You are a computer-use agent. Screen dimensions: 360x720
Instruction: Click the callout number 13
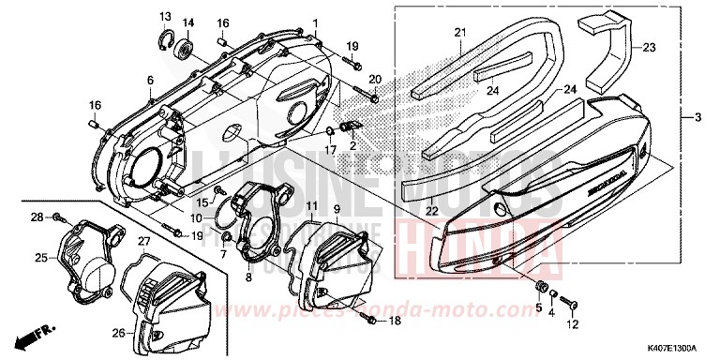(x=164, y=16)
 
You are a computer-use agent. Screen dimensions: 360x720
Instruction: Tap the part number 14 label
(x=187, y=22)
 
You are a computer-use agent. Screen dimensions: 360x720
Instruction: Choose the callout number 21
(x=460, y=34)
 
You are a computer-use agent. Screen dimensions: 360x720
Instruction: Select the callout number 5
(x=538, y=307)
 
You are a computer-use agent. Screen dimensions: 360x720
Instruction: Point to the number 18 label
(x=394, y=321)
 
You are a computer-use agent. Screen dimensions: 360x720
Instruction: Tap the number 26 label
(x=118, y=332)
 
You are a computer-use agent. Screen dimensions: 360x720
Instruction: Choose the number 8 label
(x=248, y=278)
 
